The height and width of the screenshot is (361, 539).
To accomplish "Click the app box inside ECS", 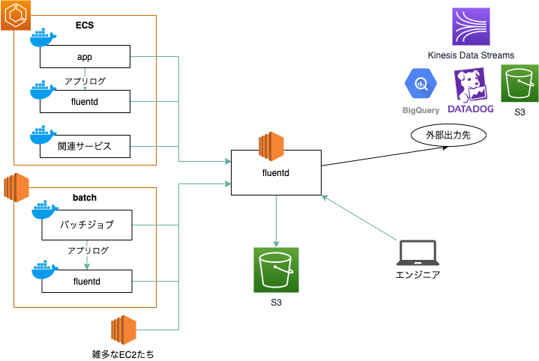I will coord(85,58).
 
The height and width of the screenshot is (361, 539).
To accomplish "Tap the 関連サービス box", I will coord(85,146).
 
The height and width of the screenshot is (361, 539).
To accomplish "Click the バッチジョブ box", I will coord(85,224).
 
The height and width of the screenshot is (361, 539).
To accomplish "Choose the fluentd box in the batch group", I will coord(87,282).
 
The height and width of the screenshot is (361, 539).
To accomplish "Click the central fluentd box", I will coord(276,172).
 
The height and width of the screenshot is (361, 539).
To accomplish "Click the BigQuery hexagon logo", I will coord(421,85).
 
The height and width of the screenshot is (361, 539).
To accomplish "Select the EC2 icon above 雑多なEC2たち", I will coord(122,331).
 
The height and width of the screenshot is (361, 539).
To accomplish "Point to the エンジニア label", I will coord(418,275).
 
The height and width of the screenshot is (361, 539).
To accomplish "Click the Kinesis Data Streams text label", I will coord(471,55).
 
